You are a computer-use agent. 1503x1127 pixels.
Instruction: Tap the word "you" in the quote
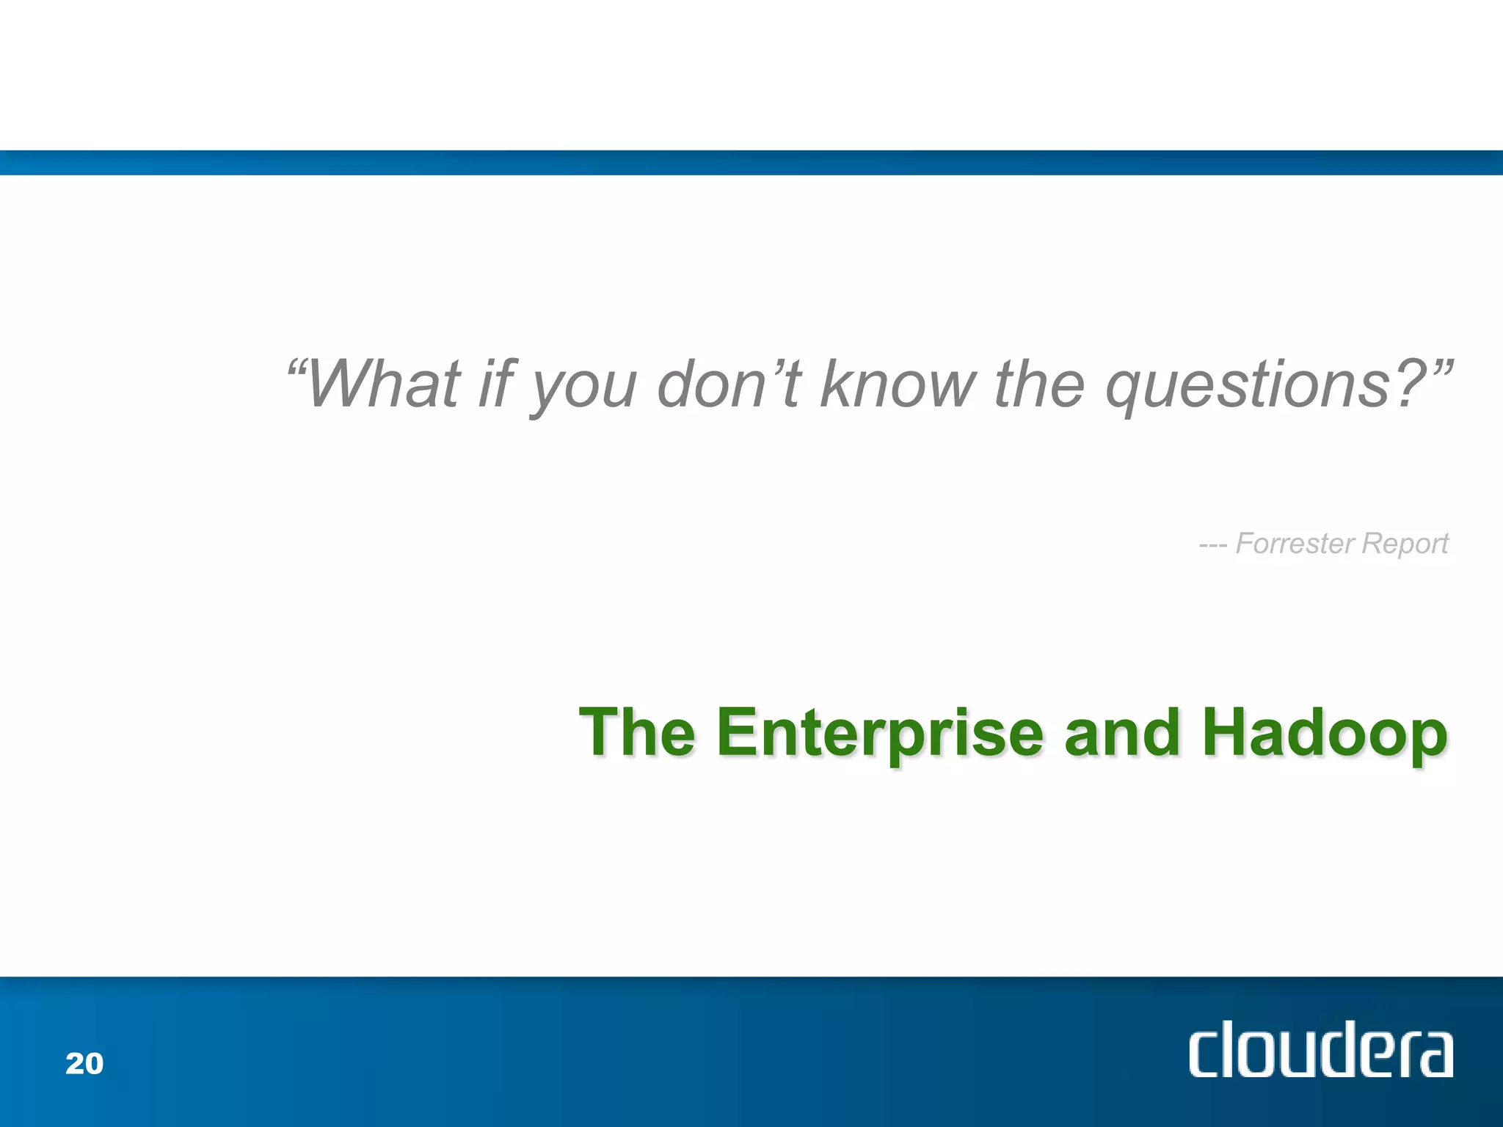[583, 389]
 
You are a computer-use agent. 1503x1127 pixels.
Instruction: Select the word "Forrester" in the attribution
[1295, 544]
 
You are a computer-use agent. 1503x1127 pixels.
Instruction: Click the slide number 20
[84, 1064]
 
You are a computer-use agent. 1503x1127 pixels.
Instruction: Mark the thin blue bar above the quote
[751, 163]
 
